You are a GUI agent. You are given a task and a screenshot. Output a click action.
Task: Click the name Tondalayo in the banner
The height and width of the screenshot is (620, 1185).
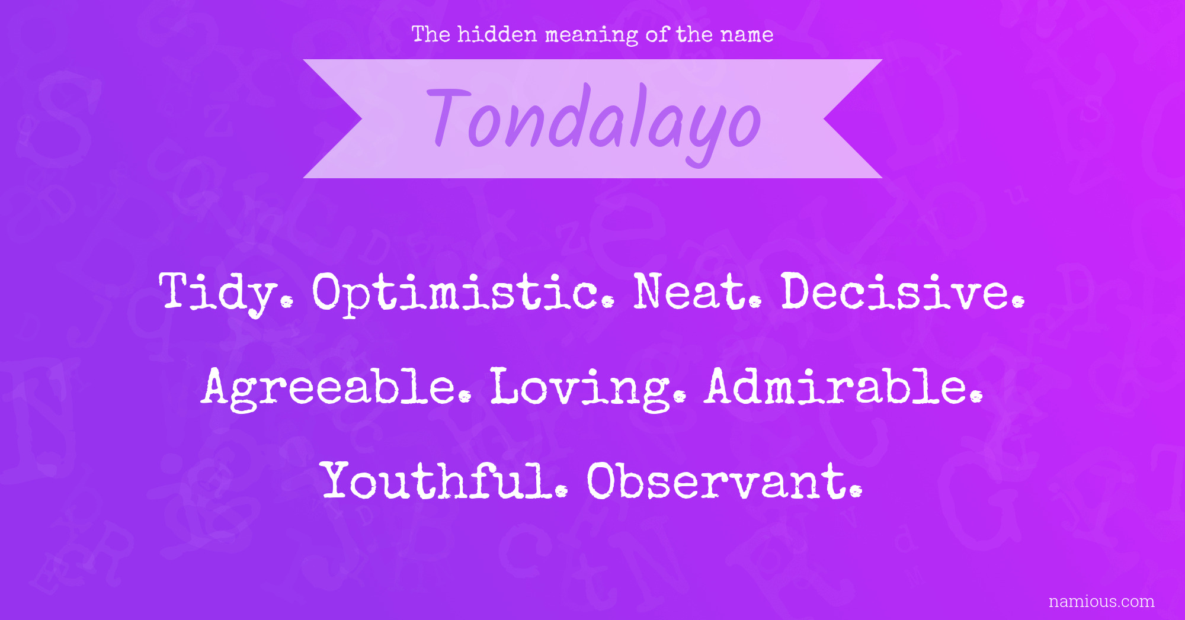pos(594,121)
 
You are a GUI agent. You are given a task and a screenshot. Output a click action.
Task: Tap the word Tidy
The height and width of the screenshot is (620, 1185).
pos(226,293)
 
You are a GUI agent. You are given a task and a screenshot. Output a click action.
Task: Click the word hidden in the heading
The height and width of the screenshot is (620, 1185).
pos(497,34)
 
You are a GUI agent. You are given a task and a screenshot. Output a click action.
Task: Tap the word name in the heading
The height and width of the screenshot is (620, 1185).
pos(747,35)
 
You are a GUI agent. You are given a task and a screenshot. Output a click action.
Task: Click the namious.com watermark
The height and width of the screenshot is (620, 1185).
pos(1101,601)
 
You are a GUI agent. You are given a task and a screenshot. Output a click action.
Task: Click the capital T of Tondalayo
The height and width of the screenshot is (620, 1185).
pos(449,116)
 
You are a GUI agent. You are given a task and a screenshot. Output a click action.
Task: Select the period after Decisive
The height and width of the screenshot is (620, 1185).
pos(1019,301)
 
